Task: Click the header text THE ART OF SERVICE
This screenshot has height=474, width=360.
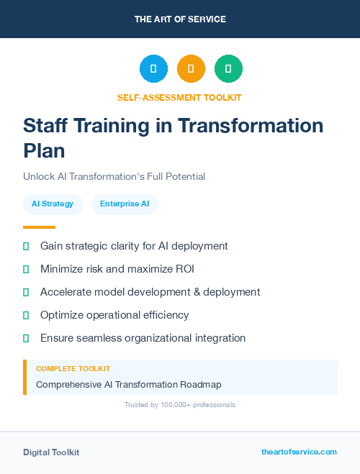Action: [x=180, y=19]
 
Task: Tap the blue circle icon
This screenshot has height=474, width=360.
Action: [x=153, y=69]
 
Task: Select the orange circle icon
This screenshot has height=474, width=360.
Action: [x=191, y=69]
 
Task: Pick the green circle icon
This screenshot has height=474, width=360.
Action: [x=228, y=69]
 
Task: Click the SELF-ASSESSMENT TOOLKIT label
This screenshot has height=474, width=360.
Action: [x=179, y=97]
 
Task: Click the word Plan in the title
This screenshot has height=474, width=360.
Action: [x=44, y=150]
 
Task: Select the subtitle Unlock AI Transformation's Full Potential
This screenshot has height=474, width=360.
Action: [x=114, y=176]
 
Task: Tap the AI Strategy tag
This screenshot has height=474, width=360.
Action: [x=53, y=204]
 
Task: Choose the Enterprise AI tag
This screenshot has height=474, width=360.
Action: [x=125, y=204]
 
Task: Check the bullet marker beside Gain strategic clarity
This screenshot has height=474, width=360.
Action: [x=26, y=246]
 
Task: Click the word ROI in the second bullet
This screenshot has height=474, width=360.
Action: [x=184, y=269]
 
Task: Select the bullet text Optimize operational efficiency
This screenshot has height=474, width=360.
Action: [x=114, y=315]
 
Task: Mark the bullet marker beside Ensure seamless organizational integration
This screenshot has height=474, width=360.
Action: [x=26, y=338]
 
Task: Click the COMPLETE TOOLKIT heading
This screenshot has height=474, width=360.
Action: [x=73, y=369]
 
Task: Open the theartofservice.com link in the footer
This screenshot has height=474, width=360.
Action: [x=299, y=452]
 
